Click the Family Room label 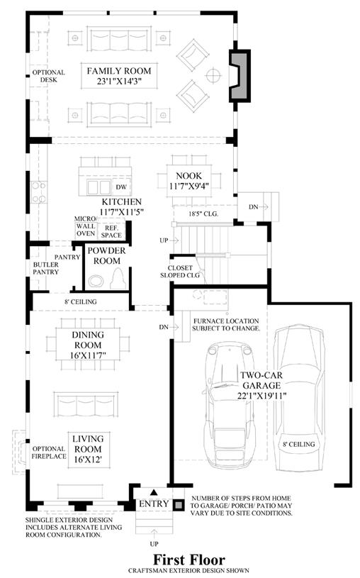tap(118, 71)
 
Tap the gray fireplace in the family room tap(240, 76)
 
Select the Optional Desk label tap(49, 76)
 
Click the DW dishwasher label tap(121, 187)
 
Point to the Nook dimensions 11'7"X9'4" tap(189, 186)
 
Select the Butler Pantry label tap(45, 268)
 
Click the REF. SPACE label tap(111, 231)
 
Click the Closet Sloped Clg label tap(180, 272)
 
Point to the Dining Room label tap(88, 340)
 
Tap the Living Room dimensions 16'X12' tap(88, 460)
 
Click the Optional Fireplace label tap(49, 452)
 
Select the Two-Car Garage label tap(261, 380)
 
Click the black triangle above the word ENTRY tap(154, 492)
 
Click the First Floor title tap(189, 560)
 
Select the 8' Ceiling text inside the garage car tap(299, 444)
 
